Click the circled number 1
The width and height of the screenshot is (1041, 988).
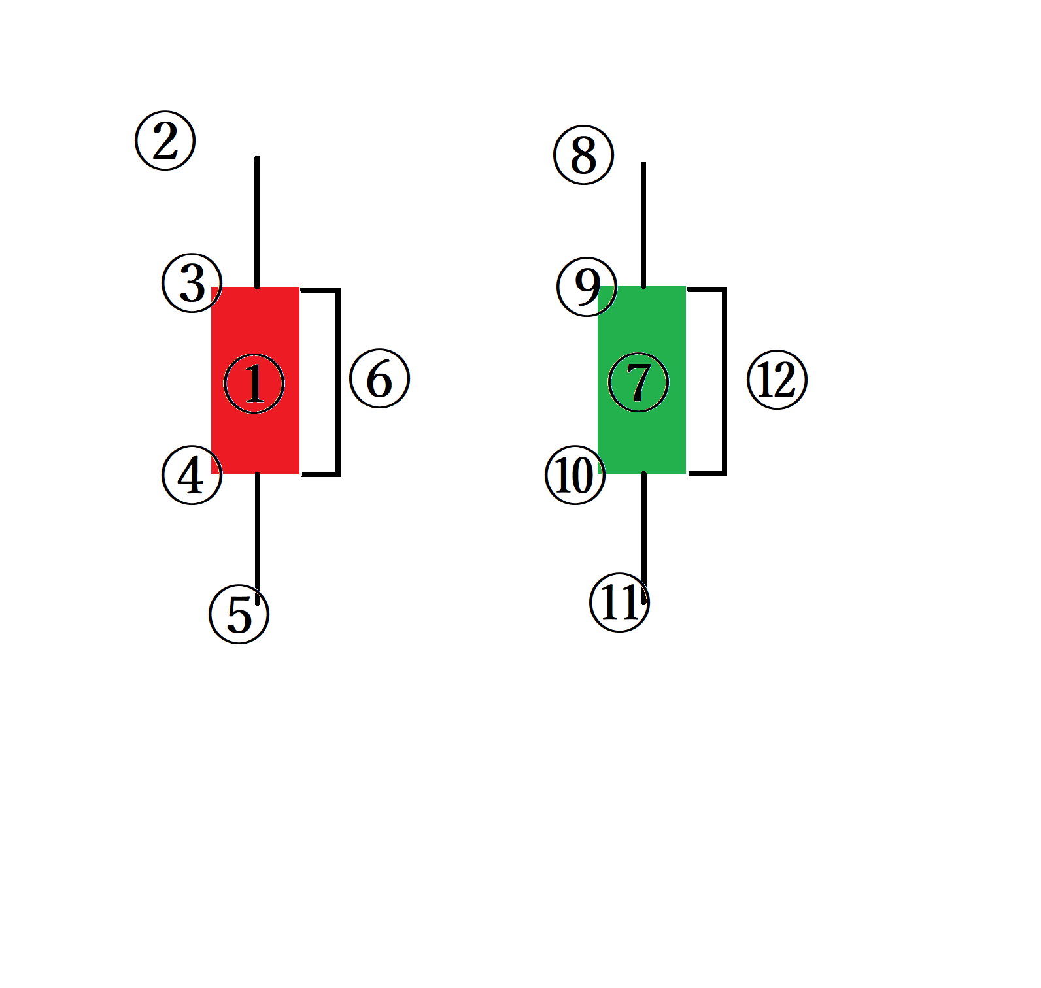[x=254, y=384]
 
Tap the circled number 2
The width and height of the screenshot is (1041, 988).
[x=165, y=140]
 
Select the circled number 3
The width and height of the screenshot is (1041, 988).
[x=192, y=283]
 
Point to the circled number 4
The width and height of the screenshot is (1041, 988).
[x=192, y=475]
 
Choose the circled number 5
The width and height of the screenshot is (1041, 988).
[x=239, y=614]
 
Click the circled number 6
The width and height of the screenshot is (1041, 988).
[x=380, y=379]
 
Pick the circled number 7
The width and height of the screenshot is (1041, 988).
[x=638, y=382]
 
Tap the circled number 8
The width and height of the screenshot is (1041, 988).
[x=584, y=155]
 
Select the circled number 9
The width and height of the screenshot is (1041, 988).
[x=587, y=286]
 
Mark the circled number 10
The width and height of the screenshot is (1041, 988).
[x=575, y=475]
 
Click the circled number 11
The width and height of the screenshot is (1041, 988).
[x=619, y=602]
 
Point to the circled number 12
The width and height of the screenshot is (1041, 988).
[x=777, y=380]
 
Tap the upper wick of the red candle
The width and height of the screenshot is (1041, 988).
[x=258, y=222]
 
